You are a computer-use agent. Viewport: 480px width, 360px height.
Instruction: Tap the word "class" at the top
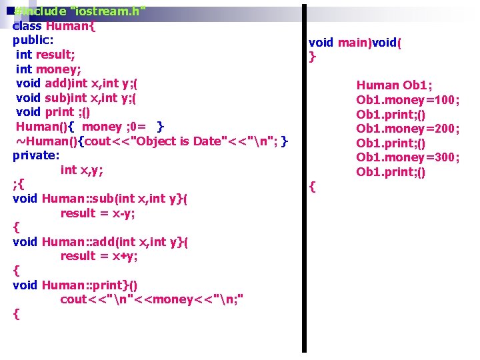click(27, 26)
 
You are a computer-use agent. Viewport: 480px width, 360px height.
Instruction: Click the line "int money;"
click(49, 69)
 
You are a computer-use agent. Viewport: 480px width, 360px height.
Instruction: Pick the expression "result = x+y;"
click(99, 256)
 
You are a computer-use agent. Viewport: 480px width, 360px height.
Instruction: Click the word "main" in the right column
click(353, 43)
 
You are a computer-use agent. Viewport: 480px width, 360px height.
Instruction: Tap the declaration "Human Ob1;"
click(394, 85)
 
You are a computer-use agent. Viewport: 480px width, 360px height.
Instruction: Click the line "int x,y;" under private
click(82, 169)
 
